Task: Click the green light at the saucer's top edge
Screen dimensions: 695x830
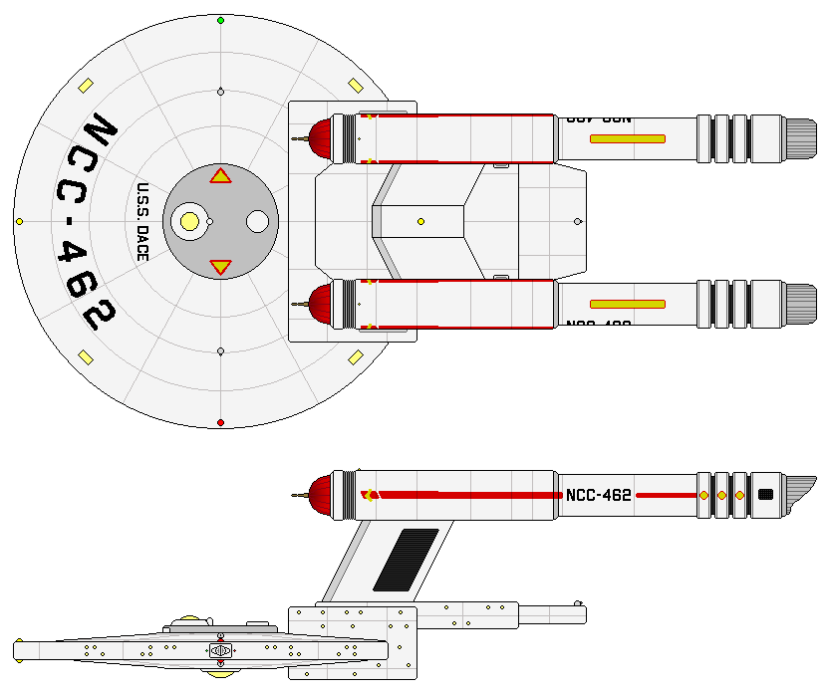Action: pos(220,20)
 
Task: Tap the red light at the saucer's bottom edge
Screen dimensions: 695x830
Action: pos(220,422)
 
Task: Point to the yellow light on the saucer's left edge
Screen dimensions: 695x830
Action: pos(19,221)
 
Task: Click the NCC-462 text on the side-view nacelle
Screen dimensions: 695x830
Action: pos(598,495)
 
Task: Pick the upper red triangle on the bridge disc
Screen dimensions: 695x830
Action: pos(220,176)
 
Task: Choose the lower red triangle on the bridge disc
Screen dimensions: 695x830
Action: pos(220,266)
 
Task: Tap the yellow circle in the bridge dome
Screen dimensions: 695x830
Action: pos(187,221)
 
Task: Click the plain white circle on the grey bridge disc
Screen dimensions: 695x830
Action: pos(257,221)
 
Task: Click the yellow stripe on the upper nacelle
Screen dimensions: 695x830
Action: pos(628,138)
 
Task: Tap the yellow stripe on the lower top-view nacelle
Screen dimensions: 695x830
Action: pos(628,304)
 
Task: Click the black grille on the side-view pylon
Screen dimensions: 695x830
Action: pos(405,561)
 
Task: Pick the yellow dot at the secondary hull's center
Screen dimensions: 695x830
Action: pos(420,221)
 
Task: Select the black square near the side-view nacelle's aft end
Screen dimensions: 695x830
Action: pos(765,494)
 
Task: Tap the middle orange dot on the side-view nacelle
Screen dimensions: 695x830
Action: pos(721,495)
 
